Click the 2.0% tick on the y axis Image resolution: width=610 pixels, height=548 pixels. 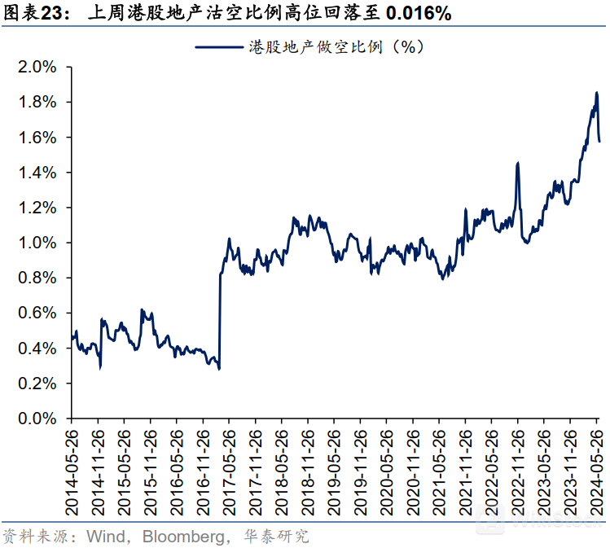(x=37, y=68)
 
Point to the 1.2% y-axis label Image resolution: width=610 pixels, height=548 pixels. (x=37, y=208)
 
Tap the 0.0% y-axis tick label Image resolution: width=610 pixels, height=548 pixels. (x=37, y=419)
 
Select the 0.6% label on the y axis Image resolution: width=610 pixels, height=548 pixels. (x=37, y=313)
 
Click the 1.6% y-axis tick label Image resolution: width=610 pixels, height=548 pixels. (x=37, y=138)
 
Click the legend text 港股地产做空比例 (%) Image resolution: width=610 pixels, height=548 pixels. (x=336, y=47)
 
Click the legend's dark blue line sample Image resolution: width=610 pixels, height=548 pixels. (x=219, y=47)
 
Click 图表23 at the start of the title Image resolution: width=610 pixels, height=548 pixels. (x=31, y=14)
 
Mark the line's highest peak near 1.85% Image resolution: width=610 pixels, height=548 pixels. (x=596, y=93)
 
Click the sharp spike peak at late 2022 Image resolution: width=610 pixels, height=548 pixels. (x=518, y=163)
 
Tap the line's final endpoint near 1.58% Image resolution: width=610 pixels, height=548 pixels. (x=599, y=142)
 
